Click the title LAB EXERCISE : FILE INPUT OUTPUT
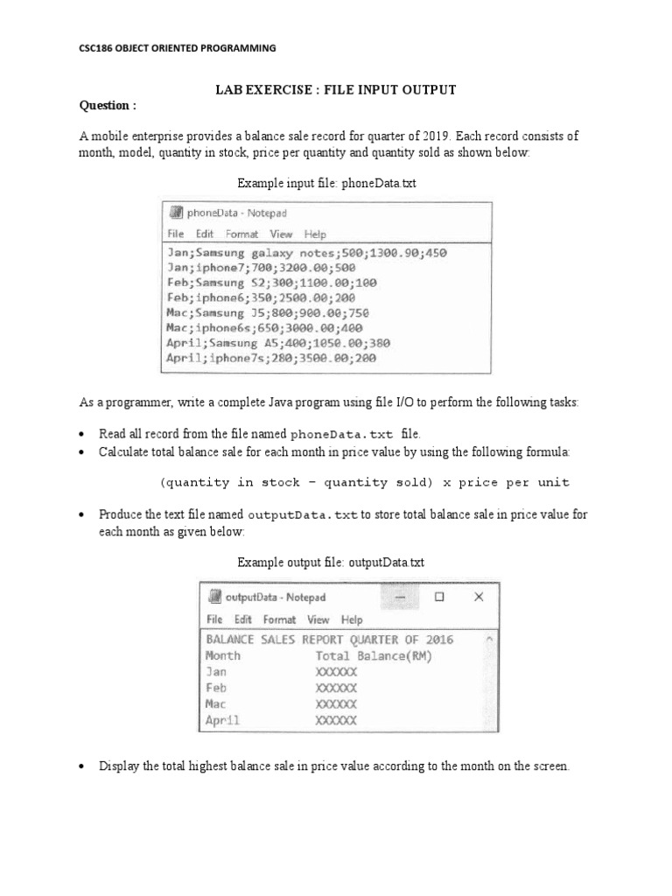pyautogui.click(x=336, y=90)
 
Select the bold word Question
pyautogui.click(x=108, y=106)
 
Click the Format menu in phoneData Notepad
pyautogui.click(x=241, y=234)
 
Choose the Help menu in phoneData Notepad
pyautogui.click(x=315, y=234)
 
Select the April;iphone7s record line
pyautogui.click(x=271, y=358)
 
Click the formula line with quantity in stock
pyautogui.click(x=364, y=482)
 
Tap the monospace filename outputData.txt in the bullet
pyautogui.click(x=303, y=514)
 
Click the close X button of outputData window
pyautogui.click(x=478, y=597)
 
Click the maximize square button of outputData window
pyautogui.click(x=439, y=597)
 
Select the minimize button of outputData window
pyautogui.click(x=400, y=597)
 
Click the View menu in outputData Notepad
pyautogui.click(x=318, y=619)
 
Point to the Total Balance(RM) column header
pyautogui.click(x=374, y=655)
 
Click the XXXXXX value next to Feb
pyautogui.click(x=336, y=688)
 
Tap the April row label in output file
pyautogui.click(x=222, y=721)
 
